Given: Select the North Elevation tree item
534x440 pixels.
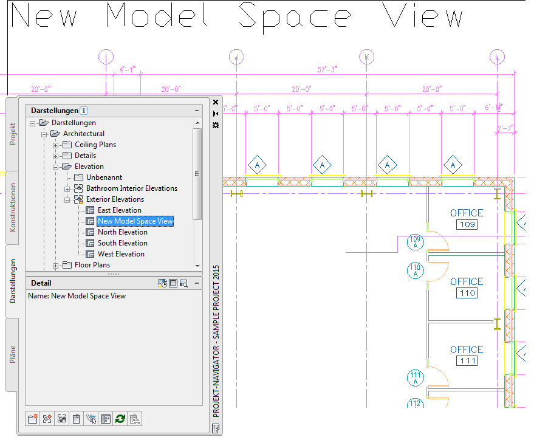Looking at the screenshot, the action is (123, 232).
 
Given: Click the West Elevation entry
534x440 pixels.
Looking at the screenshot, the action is (121, 253).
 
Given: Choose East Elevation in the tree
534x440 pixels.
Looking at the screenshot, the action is (120, 210).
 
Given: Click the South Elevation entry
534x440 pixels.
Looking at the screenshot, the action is (123, 243).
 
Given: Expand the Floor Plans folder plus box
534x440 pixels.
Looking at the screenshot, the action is (55, 266).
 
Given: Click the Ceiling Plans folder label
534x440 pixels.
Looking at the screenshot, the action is (95, 145).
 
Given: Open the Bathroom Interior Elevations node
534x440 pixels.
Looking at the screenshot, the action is (132, 188).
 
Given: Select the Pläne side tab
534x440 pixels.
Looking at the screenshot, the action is (13, 354).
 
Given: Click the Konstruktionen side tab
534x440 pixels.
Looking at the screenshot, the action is (13, 207).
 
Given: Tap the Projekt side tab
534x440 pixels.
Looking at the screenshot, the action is (13, 134).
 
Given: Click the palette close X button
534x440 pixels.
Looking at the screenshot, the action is (216, 102).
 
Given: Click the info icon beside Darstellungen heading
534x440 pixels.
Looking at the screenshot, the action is (84, 111).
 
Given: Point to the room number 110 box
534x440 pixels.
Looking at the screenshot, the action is (467, 293).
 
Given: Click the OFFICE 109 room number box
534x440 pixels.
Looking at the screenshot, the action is (467, 224).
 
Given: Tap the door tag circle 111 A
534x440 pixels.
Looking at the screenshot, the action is (416, 377).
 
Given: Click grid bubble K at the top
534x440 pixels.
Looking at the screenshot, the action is (367, 57).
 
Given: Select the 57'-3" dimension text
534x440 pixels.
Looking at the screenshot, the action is (327, 69).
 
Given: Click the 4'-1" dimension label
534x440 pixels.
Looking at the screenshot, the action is (128, 69).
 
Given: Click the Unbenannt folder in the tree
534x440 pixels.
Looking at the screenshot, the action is (104, 177).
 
